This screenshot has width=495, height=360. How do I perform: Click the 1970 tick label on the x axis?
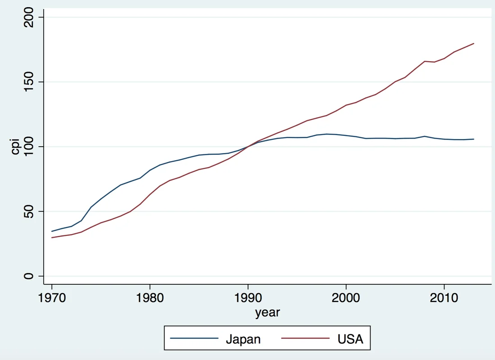pos(52,298)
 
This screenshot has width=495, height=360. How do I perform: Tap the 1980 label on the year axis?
pos(150,298)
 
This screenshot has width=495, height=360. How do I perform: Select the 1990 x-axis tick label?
pos(248,298)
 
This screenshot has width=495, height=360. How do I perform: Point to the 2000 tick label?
pos(346,298)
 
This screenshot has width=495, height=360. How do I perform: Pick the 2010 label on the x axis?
pos(444,298)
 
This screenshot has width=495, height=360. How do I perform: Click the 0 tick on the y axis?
pos(30,276)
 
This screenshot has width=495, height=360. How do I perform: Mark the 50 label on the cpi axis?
pos(30,211)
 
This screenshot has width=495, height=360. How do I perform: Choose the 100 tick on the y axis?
pos(30,146)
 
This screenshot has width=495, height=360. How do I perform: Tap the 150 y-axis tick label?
pos(30,82)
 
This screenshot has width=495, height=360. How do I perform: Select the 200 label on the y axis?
pos(30,17)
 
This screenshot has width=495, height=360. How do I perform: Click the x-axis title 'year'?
pos(268,312)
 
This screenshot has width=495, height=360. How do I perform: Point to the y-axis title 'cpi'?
pos(16,146)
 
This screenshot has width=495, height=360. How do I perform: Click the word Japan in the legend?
pos(243,339)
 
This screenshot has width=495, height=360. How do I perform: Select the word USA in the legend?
pos(350,339)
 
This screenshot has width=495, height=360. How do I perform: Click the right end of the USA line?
pos(474,44)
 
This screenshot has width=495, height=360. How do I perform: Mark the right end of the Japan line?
pos(474,139)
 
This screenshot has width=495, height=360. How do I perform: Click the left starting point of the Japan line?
pos(52,231)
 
